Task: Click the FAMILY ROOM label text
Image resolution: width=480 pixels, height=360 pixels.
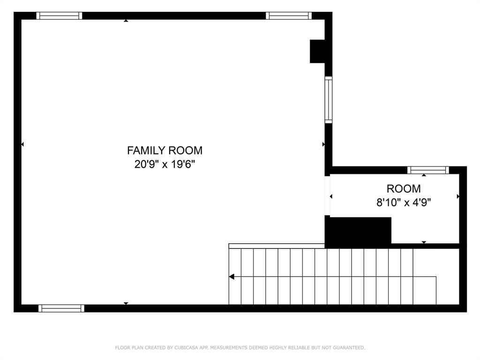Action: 165,150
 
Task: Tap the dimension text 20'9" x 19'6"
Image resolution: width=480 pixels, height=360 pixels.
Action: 165,165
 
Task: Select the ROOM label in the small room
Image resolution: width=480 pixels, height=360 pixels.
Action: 403,189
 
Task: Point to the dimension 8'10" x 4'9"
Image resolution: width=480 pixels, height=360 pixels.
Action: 403,202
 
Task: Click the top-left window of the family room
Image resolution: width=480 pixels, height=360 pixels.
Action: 59,15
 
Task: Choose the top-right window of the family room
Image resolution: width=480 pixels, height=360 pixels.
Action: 288,15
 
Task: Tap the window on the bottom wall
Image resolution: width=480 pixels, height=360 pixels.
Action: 61,308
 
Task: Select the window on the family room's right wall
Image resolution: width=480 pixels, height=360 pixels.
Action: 328,100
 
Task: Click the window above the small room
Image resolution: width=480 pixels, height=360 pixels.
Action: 427,170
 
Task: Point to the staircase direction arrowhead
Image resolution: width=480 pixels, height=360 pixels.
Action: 232,277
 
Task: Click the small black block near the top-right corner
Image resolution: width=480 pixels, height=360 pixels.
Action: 317,51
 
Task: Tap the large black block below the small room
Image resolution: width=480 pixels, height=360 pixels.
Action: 358,232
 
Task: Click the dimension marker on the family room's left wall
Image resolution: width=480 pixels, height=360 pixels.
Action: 22,144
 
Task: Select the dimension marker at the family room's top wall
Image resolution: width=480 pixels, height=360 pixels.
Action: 126,21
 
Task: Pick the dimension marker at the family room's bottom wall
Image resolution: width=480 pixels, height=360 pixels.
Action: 126,303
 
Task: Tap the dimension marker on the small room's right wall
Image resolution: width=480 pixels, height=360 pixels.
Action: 458,196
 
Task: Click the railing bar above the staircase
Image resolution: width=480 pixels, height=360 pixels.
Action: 277,246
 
